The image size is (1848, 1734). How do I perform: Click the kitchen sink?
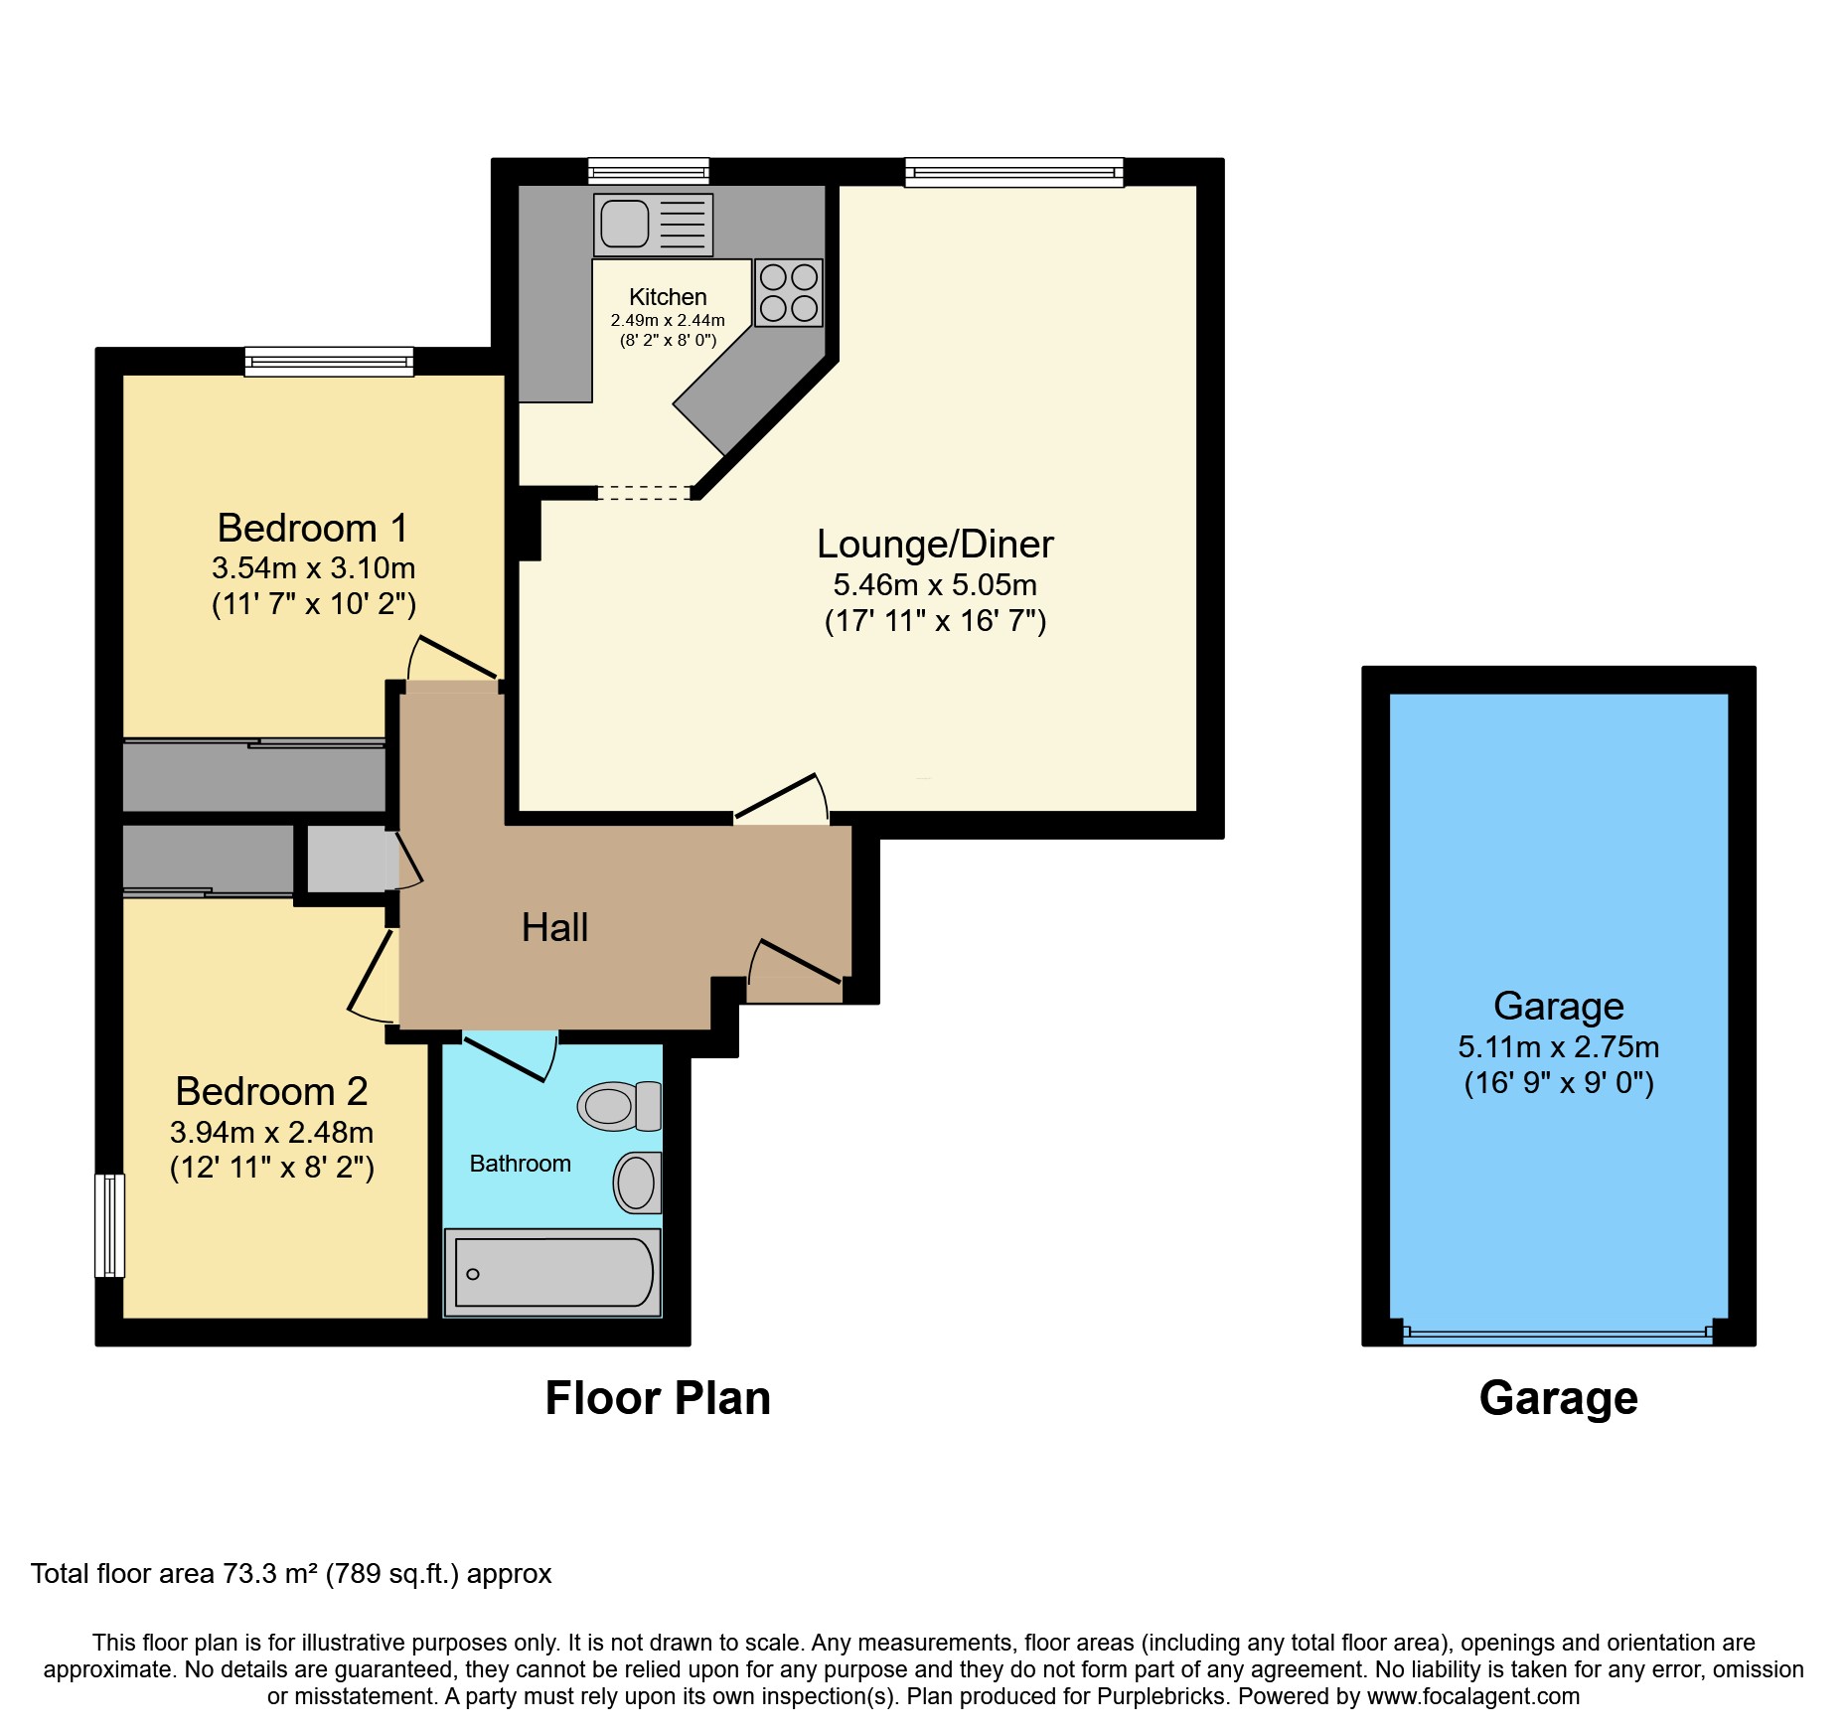(653, 225)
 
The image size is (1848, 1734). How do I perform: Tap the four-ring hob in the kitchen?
(789, 293)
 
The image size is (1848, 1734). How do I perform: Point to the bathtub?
(552, 1273)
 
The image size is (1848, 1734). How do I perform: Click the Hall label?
(554, 927)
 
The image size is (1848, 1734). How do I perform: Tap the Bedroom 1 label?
(313, 528)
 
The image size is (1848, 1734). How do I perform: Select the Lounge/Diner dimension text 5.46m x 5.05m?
(935, 584)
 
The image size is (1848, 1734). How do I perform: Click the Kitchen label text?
(668, 297)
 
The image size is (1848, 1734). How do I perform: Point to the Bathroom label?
(520, 1164)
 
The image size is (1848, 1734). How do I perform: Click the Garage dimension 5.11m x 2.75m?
(1558, 1046)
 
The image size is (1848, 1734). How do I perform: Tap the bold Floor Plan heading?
(658, 1398)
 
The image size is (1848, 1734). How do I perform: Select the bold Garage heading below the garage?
(1558, 1399)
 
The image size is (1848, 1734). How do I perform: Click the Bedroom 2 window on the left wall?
(109, 1225)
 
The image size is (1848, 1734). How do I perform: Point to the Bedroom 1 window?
(329, 361)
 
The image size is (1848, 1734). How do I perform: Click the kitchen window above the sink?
(648, 171)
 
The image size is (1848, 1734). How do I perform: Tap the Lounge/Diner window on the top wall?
(1013, 172)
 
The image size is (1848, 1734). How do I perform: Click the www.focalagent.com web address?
(1473, 1696)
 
